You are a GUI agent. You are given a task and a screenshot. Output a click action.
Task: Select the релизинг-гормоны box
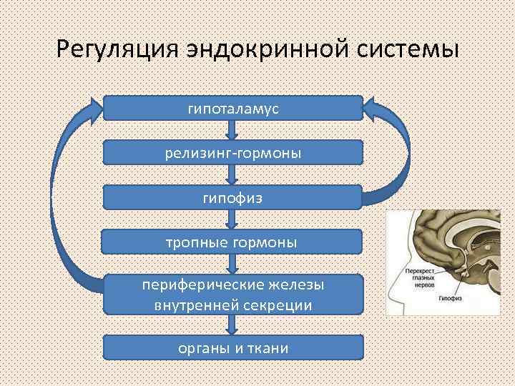pyautogui.click(x=232, y=153)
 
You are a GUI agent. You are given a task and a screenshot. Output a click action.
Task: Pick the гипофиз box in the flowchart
pyautogui.click(x=232, y=197)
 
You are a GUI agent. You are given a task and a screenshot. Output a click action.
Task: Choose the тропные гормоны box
pyautogui.click(x=232, y=242)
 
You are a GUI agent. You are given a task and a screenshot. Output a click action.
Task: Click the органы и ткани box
pyautogui.click(x=232, y=348)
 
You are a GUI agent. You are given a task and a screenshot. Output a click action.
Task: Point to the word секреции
pyautogui.click(x=278, y=305)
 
